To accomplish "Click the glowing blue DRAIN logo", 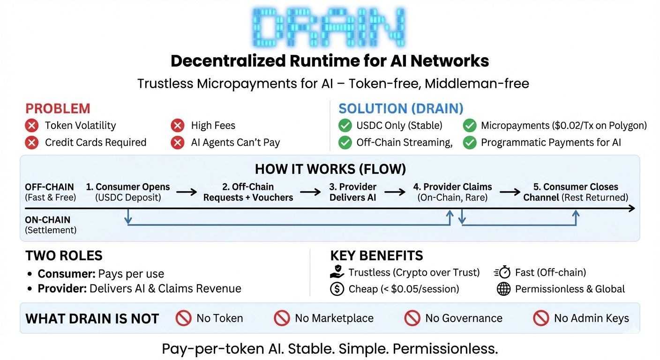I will tap(330, 27).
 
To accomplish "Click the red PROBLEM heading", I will tap(58, 109).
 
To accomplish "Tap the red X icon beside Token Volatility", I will tap(32, 126).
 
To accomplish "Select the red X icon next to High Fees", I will tap(178, 126).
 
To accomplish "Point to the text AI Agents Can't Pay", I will tap(235, 142).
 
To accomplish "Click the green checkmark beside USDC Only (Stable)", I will tap(345, 126).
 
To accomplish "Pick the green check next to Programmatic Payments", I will tap(470, 142).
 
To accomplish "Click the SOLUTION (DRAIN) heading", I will tap(401, 109).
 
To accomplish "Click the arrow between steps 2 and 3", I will tap(311, 192).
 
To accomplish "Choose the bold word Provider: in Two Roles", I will tap(62, 288).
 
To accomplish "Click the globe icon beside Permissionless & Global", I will tap(503, 289).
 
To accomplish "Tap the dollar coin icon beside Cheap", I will tap(337, 289).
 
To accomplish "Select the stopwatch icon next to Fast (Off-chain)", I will tap(502, 272).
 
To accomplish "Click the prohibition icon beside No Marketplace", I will tap(282, 318).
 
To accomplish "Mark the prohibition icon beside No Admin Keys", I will tap(541, 318).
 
